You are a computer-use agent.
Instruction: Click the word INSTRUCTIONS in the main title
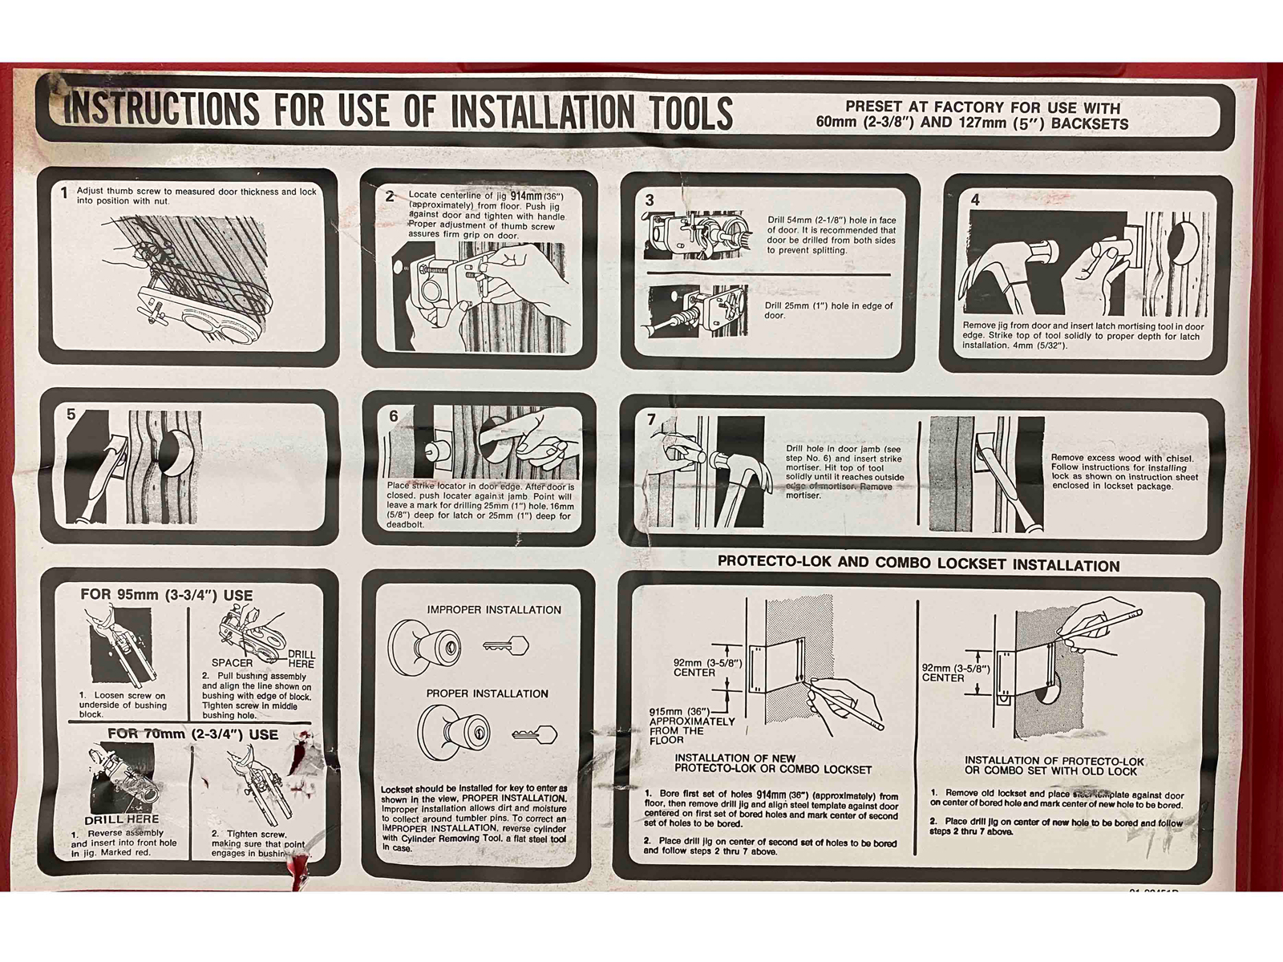tap(160, 110)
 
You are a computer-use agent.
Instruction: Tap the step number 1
tap(65, 193)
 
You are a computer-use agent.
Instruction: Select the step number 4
tap(974, 200)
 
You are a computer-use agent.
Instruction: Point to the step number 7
tap(651, 419)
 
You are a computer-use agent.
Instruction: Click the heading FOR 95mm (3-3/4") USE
tap(166, 596)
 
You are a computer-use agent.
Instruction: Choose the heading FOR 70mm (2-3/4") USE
tap(192, 734)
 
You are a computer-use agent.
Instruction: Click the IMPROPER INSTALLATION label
tap(493, 610)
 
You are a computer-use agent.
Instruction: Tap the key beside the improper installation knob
tap(506, 645)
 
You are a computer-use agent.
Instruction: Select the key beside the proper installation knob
tap(534, 734)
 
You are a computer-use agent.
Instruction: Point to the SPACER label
tap(232, 663)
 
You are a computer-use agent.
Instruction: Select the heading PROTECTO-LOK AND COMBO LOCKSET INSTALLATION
tap(917, 564)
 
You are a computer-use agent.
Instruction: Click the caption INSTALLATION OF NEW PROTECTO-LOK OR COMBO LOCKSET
tap(771, 763)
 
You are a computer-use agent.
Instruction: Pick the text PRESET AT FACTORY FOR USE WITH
tap(982, 107)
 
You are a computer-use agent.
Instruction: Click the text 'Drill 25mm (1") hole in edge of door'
tap(828, 310)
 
